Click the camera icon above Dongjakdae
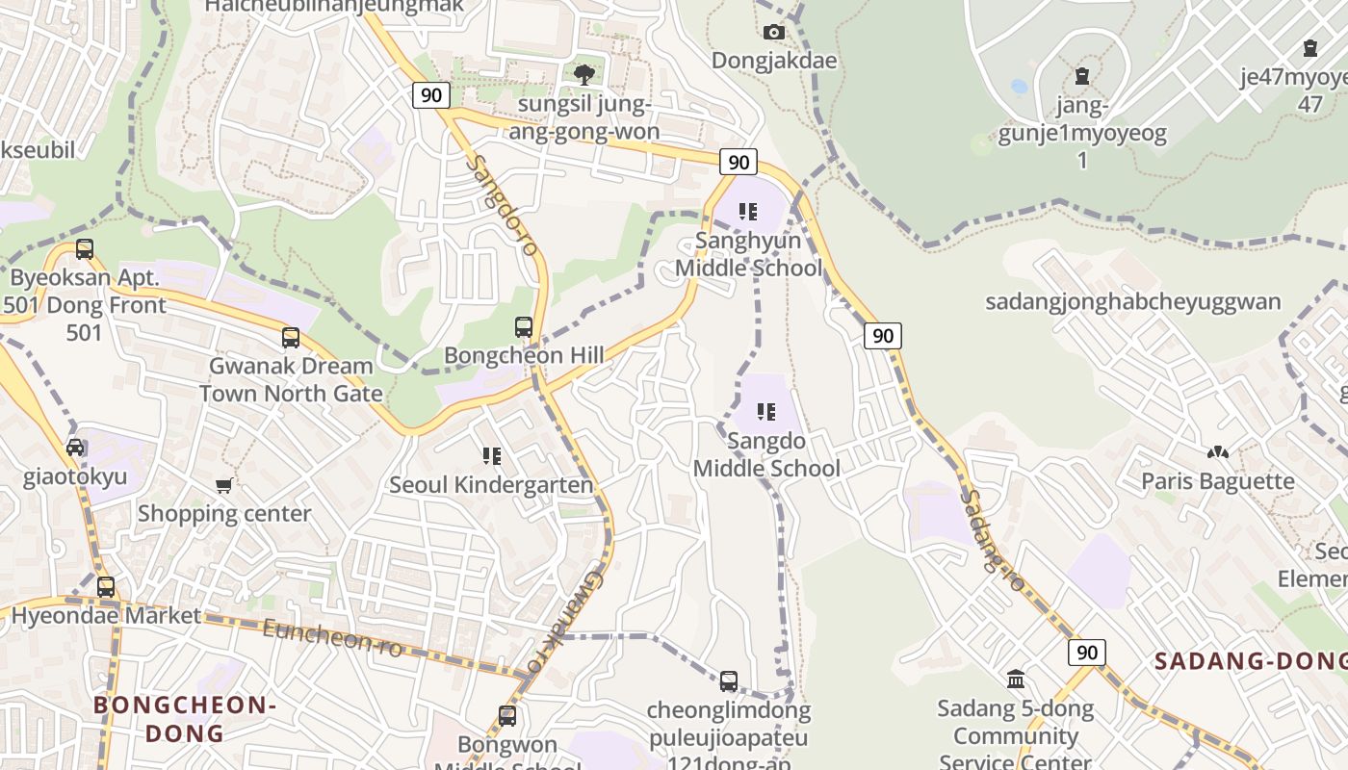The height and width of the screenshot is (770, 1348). click(x=773, y=33)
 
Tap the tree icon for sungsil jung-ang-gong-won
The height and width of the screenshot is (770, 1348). click(x=583, y=74)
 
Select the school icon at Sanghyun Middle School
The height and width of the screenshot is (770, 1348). click(x=748, y=211)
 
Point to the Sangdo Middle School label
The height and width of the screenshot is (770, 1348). click(x=766, y=454)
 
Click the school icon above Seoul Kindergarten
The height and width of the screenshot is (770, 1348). click(x=492, y=455)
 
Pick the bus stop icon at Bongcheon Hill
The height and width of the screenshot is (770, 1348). click(x=524, y=327)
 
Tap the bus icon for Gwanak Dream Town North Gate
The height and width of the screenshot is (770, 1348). click(x=291, y=338)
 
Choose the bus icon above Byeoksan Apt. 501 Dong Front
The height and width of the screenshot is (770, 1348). click(x=85, y=249)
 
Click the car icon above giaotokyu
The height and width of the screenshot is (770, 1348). click(x=75, y=448)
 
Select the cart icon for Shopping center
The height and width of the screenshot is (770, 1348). click(x=224, y=485)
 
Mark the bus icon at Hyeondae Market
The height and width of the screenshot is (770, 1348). click(x=106, y=587)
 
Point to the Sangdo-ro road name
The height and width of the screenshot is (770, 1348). click(x=502, y=204)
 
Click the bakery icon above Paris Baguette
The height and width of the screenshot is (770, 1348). click(x=1218, y=451)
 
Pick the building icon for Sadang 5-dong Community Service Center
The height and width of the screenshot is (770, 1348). click(x=1016, y=680)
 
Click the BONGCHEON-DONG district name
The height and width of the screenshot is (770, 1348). click(x=185, y=719)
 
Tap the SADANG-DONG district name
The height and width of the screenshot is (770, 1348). click(x=1250, y=661)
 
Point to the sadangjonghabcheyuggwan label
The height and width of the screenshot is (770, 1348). click(x=1132, y=302)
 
